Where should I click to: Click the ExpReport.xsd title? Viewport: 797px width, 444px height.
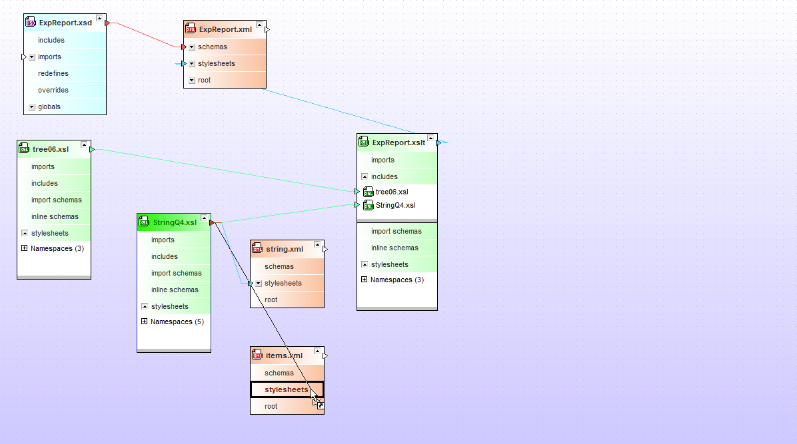pos(65,23)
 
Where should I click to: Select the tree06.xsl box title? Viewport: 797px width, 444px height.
pos(51,149)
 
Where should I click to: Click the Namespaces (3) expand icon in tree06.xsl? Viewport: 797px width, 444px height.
pos(25,248)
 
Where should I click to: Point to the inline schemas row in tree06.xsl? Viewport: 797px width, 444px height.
pos(55,216)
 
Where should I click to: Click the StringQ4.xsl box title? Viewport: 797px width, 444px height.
pos(175,222)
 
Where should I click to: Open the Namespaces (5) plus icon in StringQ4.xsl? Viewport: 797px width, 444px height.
pos(145,322)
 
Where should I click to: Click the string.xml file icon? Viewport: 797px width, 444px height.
pos(257,248)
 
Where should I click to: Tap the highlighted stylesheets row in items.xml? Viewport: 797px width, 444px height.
pos(287,389)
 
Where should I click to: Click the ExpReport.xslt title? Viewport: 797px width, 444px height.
pos(398,142)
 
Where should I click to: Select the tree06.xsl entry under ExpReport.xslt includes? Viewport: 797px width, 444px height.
pos(392,192)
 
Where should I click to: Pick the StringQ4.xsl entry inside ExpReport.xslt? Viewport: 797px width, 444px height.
pos(395,205)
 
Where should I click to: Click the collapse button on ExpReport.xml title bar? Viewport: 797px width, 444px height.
pos(259,25)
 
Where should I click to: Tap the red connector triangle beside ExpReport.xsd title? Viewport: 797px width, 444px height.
pos(107,23)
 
